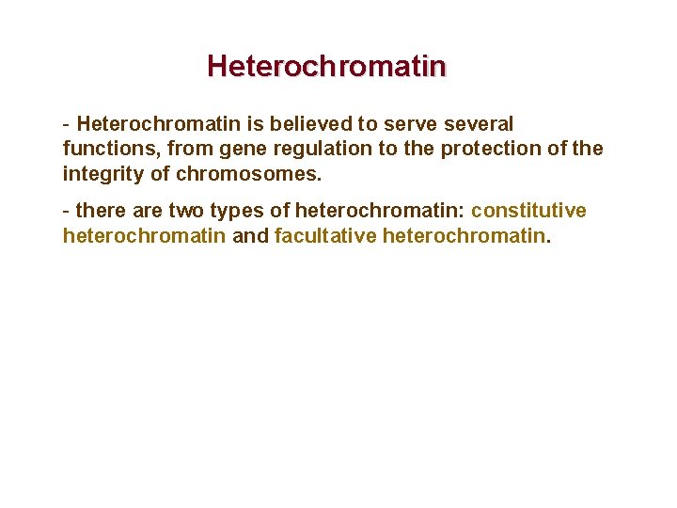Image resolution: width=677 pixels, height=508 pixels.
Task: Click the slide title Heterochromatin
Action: (326, 67)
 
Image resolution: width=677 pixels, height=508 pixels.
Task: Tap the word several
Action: (475, 124)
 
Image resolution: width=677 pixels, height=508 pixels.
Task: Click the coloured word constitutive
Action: (528, 211)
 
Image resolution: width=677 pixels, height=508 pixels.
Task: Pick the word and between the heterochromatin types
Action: (249, 235)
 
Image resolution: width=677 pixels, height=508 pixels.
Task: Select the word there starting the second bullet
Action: (100, 211)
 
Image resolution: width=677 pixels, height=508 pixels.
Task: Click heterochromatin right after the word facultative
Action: (464, 235)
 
